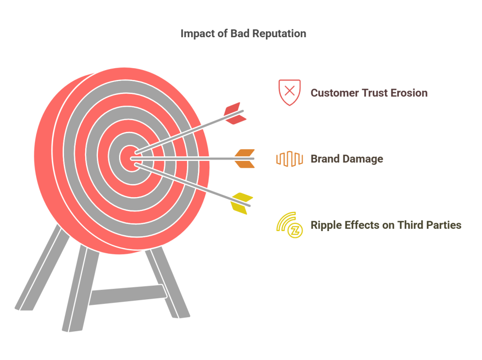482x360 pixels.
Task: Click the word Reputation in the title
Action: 279,34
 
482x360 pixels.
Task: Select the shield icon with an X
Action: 289,92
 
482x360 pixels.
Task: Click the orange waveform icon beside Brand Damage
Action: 289,159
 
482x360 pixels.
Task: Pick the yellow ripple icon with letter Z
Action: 289,225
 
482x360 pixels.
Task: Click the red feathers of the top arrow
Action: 235,113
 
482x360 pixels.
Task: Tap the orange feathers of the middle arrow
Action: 244,159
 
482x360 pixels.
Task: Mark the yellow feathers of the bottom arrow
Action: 242,203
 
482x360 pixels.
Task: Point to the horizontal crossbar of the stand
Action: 128,295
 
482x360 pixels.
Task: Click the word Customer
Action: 335,93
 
